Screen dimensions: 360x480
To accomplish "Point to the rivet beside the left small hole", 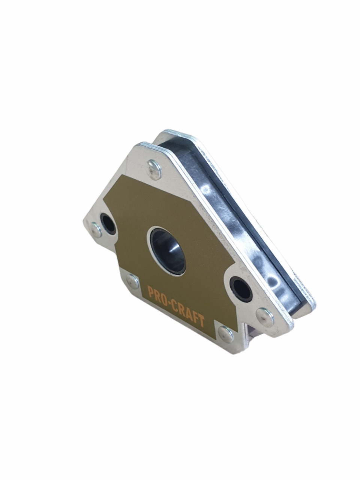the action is click(96, 229).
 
